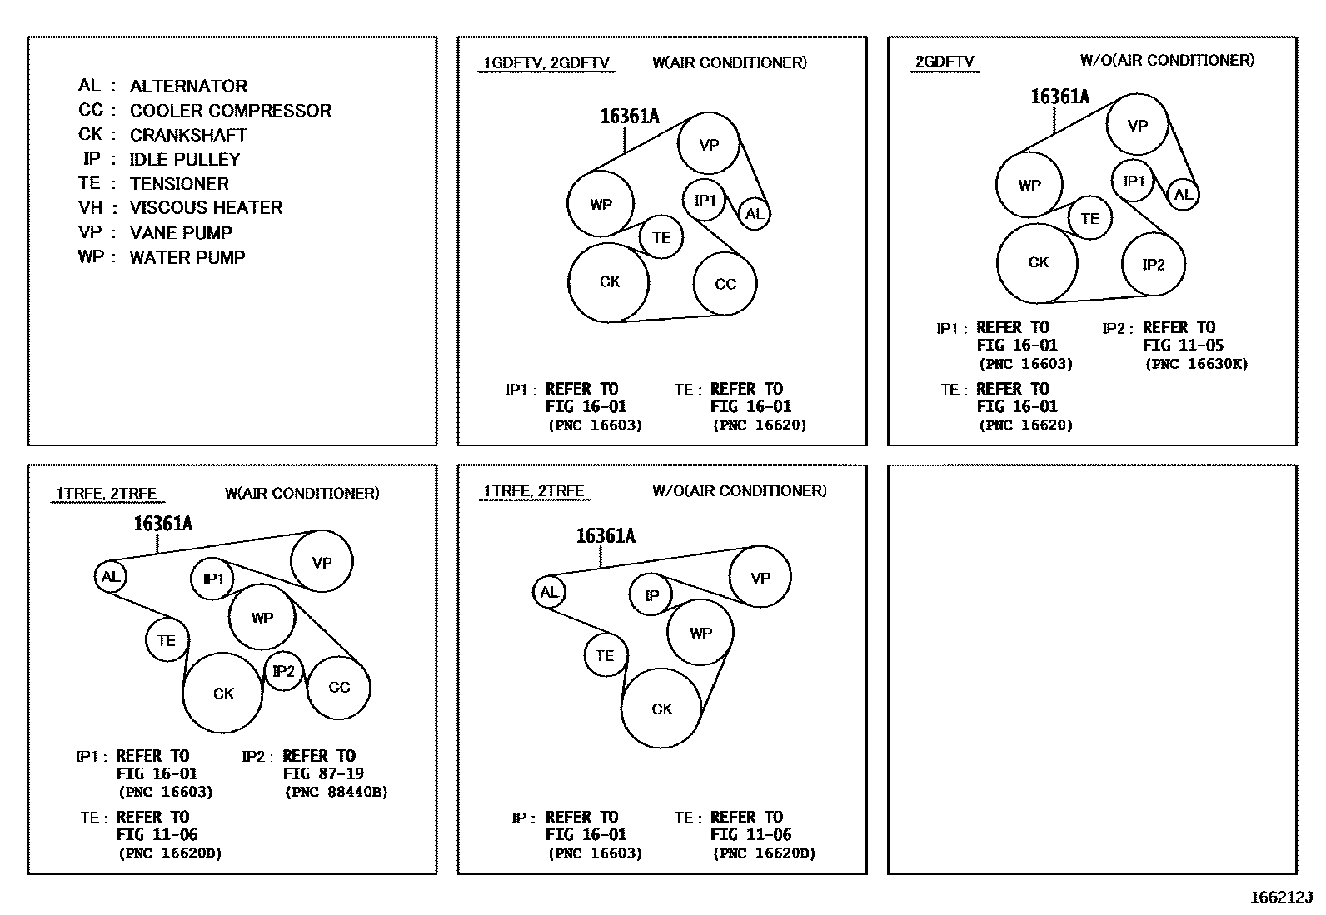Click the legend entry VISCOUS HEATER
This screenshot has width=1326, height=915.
206,208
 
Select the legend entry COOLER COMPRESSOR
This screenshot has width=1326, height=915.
230,111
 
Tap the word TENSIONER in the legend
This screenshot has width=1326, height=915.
179,184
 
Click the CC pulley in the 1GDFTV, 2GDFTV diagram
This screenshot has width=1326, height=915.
725,284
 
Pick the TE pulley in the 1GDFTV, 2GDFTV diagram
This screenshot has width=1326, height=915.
661,238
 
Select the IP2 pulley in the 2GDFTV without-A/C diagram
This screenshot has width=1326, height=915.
1153,265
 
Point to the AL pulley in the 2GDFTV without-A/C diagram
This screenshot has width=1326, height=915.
1183,195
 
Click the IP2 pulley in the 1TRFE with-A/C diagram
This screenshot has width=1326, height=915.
283,671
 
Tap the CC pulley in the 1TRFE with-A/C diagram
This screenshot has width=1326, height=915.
339,688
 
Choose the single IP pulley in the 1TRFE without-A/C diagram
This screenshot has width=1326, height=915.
651,595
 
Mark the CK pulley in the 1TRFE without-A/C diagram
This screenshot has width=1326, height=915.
662,709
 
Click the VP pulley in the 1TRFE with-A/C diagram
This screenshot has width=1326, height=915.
322,562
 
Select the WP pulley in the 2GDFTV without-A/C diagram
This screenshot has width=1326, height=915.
1029,186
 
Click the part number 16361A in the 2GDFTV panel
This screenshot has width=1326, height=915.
1059,97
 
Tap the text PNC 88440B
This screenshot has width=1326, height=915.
336,793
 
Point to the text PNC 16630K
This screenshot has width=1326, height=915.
1197,364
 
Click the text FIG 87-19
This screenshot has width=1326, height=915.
323,774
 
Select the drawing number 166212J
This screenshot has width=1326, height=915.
1281,898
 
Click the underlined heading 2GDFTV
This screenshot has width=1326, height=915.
945,62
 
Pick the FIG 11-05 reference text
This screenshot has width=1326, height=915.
1183,346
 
